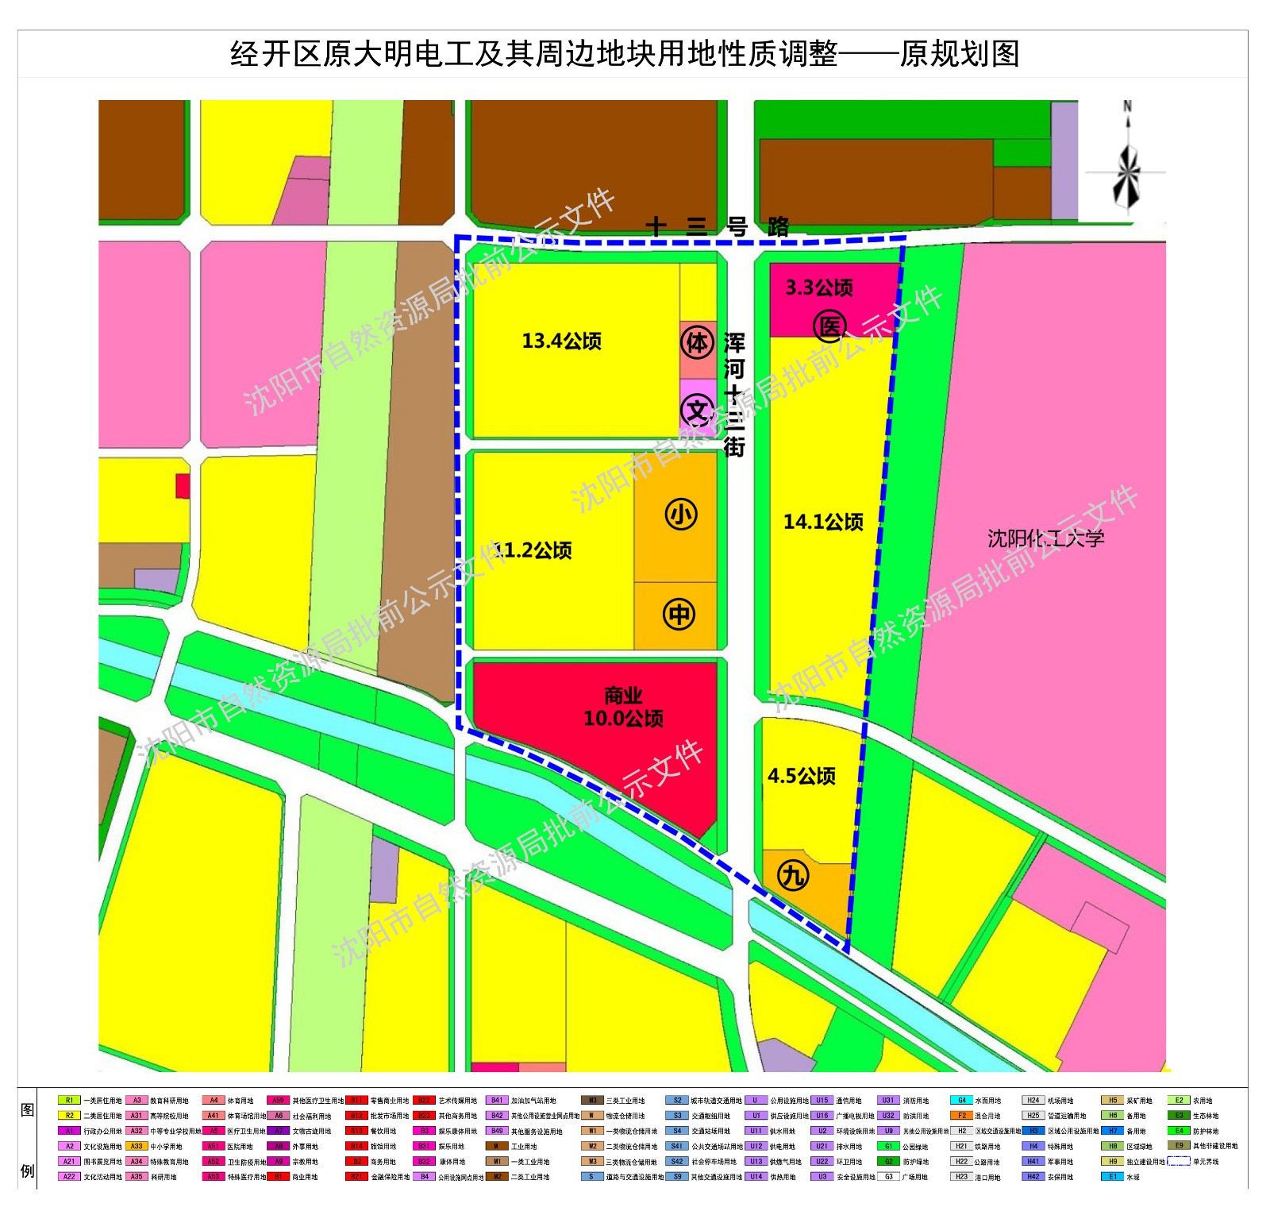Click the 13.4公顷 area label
pos(561,341)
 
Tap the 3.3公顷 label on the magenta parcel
pos(818,287)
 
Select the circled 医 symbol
pos(829,326)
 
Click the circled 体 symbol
pos(698,343)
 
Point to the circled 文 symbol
pos(697,411)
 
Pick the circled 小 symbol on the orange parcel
pos(680,514)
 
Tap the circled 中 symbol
pos(679,614)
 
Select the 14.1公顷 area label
pos(823,522)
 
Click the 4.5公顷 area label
pos(802,776)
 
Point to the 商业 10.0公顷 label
pos(623,708)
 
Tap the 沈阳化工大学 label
pos(1045,538)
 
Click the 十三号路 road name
pos(717,227)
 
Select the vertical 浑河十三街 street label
pos(734,395)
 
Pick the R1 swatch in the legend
pos(69,1100)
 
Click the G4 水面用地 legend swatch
pos(961,1100)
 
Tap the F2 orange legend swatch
pos(961,1115)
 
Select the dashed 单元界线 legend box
pos(1178,1161)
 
